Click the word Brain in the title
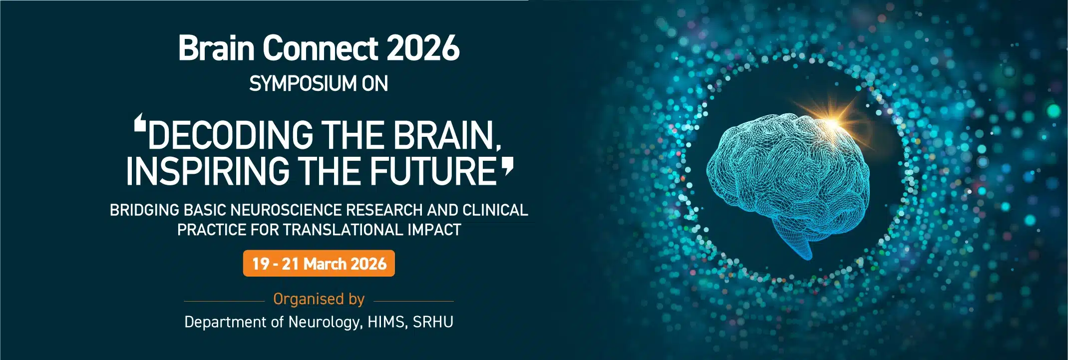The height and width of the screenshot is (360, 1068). coord(216,48)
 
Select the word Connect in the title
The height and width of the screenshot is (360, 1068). coord(320,48)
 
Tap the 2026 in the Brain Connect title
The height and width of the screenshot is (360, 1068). coord(422,48)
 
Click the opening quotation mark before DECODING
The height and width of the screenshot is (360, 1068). coord(140,122)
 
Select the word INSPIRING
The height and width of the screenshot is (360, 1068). coord(208,171)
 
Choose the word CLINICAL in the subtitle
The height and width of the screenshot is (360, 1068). coord(495,210)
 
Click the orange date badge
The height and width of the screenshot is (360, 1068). coord(319,264)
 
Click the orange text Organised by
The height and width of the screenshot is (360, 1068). coord(319,299)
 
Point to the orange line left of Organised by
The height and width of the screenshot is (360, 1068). coord(224,302)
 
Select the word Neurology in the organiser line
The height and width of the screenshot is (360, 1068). coord(324,322)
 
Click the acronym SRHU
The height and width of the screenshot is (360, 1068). coord(433,322)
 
